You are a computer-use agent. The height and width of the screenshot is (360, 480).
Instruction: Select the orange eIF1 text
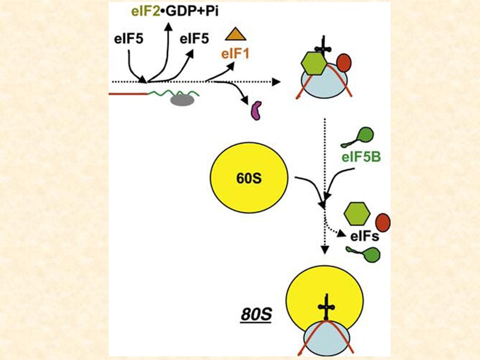[235, 54]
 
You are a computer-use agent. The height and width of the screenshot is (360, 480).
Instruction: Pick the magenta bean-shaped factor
[256, 110]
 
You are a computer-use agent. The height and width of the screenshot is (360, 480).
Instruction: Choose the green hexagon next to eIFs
[356, 214]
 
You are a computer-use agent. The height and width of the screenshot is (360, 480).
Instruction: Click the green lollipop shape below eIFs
[370, 254]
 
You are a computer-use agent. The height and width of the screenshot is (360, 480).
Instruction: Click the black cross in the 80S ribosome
[326, 309]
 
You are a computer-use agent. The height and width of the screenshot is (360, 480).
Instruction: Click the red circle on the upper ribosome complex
[344, 62]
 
